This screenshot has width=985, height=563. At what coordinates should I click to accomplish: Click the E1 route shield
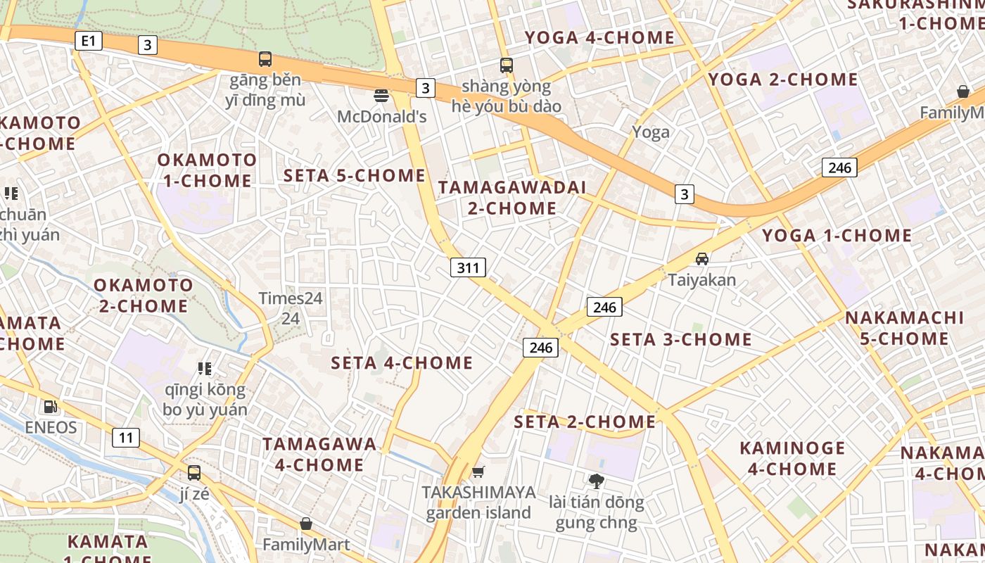coord(88,41)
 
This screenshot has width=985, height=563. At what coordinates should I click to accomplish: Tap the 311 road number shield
coord(468,267)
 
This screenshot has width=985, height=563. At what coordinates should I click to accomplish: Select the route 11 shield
coord(125,438)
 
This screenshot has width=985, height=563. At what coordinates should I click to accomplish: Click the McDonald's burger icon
coord(381,95)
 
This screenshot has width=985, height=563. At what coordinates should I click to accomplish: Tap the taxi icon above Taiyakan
coord(701,258)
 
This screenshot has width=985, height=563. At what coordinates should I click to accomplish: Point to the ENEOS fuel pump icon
coord(50,406)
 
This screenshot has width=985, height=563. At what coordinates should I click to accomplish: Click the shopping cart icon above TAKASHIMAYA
coord(478,472)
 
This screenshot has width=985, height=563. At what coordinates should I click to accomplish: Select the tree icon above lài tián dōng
coord(596,481)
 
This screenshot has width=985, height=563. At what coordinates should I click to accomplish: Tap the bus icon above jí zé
coord(193,473)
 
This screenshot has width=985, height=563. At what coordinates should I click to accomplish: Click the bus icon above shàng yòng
coord(506,65)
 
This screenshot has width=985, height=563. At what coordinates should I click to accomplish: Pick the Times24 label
coord(290,298)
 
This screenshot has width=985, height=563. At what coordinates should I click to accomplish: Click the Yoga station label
coord(650,132)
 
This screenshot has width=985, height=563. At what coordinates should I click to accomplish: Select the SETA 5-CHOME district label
coord(354,176)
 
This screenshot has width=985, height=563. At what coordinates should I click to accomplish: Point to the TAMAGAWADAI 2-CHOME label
coord(511,198)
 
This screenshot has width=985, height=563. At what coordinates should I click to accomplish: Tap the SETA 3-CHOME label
coord(680,340)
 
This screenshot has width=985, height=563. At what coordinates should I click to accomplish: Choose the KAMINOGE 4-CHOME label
coord(792,458)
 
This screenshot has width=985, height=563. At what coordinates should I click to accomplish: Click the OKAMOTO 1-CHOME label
coord(207,170)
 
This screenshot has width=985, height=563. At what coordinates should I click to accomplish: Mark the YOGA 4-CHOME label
coord(599,37)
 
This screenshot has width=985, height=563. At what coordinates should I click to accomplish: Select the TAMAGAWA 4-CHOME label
coord(319,455)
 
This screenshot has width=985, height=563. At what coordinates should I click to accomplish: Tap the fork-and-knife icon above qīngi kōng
coord(205,368)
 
